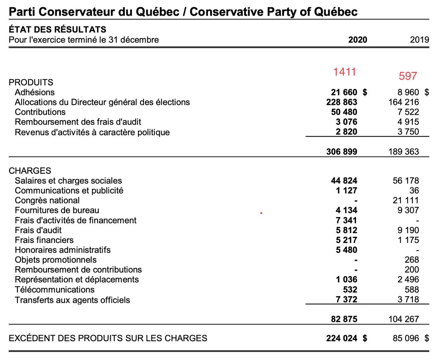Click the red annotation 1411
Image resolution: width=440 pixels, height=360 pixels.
point(345,72)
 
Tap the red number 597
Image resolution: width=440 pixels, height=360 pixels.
point(408,76)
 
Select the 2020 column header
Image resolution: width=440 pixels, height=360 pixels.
point(357,40)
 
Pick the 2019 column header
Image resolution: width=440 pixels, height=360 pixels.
point(420,40)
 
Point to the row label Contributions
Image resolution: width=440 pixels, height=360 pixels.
point(40,112)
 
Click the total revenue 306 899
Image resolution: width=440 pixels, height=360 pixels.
point(342,151)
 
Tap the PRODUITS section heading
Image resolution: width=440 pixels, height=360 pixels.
point(31,82)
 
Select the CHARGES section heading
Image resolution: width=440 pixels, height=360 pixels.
point(30,171)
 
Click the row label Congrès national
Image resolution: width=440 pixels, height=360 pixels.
point(47,201)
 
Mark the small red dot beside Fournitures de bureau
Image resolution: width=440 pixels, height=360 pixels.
point(261,212)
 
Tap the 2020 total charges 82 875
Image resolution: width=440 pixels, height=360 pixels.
point(344,319)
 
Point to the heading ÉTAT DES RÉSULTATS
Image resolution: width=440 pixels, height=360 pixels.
point(58,29)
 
